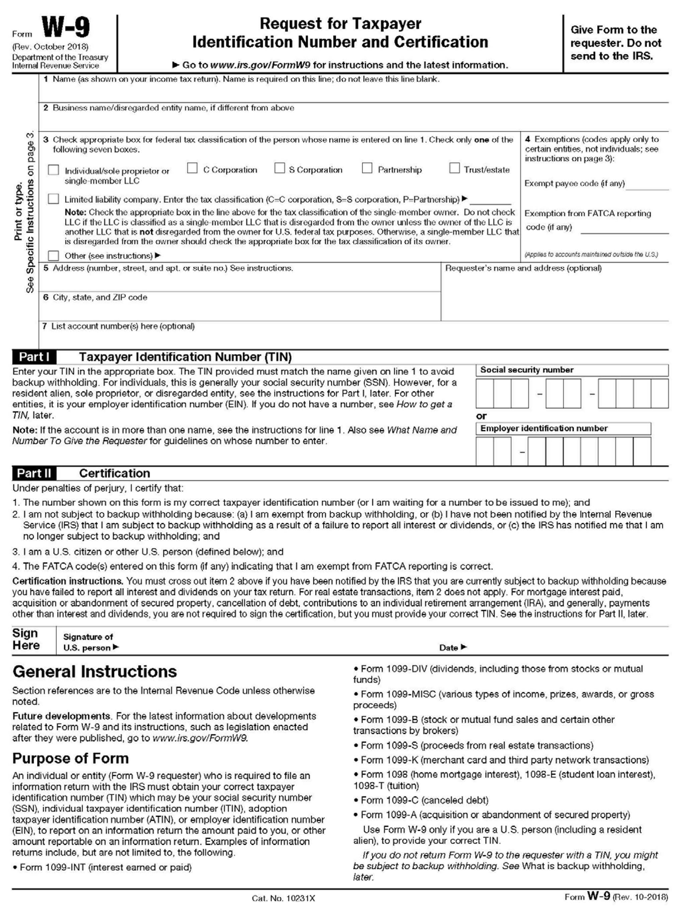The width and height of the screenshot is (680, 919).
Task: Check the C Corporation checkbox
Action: [x=192, y=168]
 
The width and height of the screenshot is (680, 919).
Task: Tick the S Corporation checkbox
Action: [x=280, y=168]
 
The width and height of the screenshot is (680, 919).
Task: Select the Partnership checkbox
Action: [x=367, y=168]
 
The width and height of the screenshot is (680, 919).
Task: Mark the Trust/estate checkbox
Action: [x=454, y=168]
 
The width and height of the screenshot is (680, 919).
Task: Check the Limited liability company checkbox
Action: [x=53, y=199]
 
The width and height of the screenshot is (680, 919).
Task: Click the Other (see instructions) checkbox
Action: [x=53, y=256]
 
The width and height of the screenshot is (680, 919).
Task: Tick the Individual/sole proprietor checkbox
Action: [x=53, y=170]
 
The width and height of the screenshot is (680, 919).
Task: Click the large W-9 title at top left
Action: [x=65, y=28]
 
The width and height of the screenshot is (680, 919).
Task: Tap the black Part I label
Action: [x=34, y=357]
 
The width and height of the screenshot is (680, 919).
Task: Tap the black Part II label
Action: [x=34, y=474]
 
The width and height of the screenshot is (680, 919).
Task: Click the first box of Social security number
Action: [x=484, y=393]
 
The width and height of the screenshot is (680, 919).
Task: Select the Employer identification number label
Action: [x=543, y=428]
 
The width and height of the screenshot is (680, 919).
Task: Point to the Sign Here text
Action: [x=26, y=639]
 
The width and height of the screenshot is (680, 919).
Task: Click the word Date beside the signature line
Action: [x=449, y=648]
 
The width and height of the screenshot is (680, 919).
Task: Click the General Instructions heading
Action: [x=94, y=672]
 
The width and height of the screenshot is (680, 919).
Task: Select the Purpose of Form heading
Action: [x=70, y=758]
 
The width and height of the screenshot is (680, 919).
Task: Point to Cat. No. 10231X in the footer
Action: [x=283, y=898]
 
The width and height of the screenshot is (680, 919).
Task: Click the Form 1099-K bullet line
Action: [x=502, y=760]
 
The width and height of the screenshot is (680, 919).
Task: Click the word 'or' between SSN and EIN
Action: [x=481, y=416]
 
